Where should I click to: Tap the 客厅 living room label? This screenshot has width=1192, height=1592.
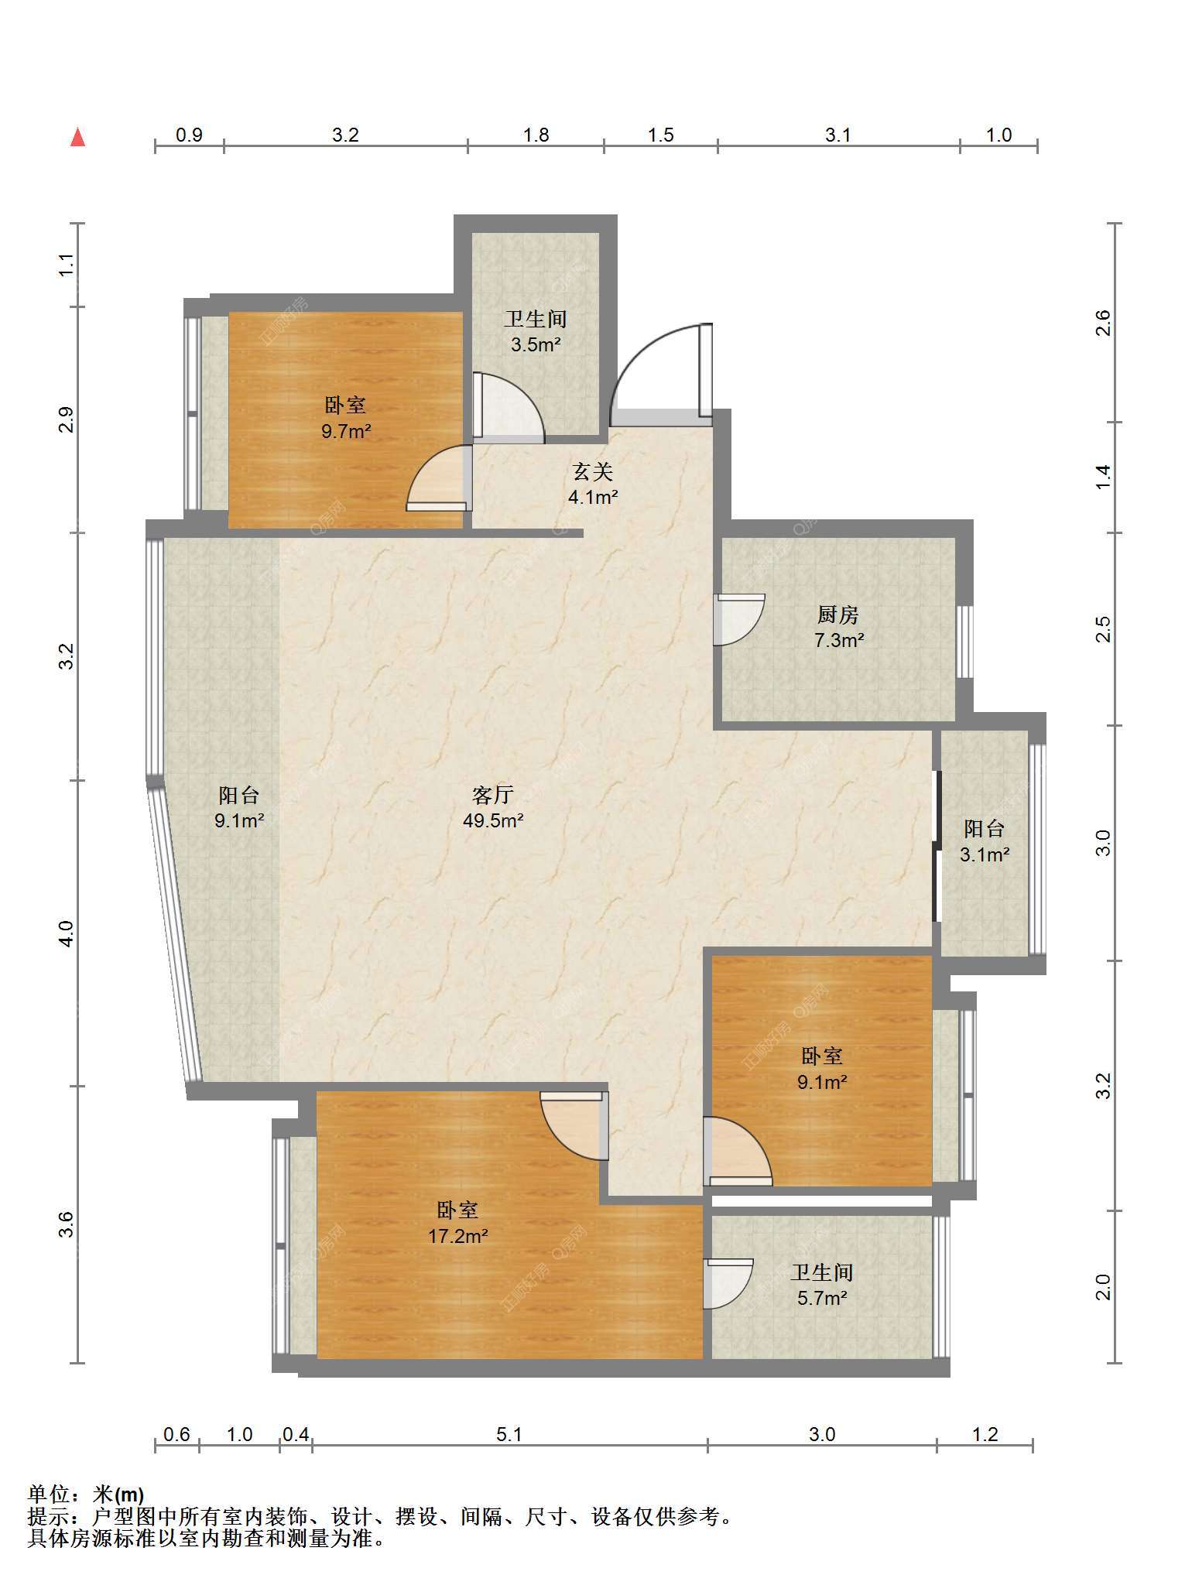coord(493,795)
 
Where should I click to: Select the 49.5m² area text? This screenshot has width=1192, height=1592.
coord(493,820)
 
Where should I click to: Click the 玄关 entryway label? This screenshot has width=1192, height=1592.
coord(593,471)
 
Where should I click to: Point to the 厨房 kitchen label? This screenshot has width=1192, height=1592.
coord(838,615)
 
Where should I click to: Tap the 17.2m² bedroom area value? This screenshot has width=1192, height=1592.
coord(457,1236)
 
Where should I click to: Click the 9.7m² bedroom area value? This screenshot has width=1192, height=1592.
coord(346,431)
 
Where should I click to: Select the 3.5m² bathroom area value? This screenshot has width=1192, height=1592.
coord(536,344)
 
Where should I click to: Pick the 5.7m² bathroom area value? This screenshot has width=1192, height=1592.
coord(822,1298)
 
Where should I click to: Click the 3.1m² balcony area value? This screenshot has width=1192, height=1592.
coord(985,854)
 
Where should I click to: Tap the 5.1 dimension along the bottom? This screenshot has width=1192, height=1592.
coord(509,1435)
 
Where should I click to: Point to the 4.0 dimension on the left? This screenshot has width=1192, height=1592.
coord(67,933)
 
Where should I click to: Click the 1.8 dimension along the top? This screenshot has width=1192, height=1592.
coord(536,135)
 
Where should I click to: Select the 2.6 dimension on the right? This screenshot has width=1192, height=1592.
coord(1104,323)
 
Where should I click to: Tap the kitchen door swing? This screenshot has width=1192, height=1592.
coord(739,620)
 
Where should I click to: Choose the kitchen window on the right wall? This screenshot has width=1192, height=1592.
coord(964,642)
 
